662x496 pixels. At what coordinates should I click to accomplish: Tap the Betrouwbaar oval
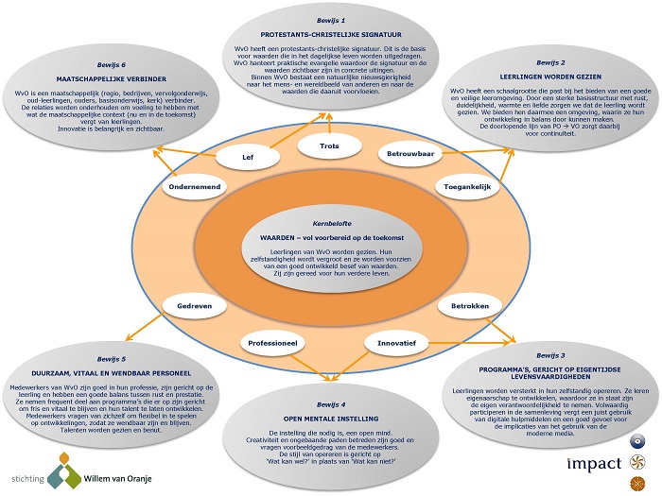tap(410, 153)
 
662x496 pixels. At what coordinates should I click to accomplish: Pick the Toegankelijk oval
tap(465, 187)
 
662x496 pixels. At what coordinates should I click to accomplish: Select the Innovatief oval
tap(397, 340)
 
